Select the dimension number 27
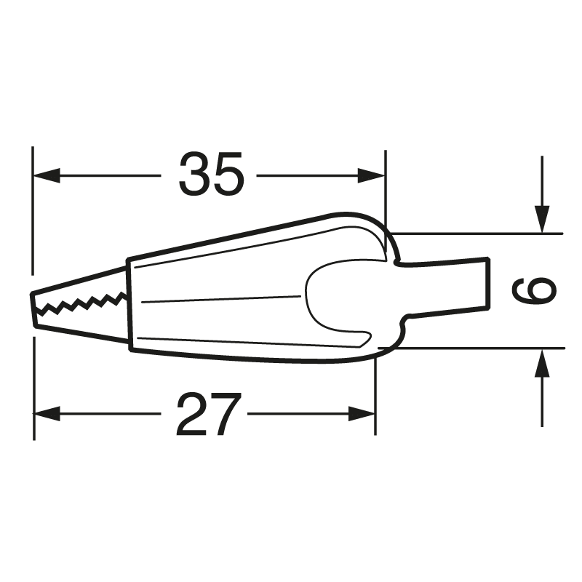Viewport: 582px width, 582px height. [x=208, y=414]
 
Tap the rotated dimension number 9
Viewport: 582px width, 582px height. [x=534, y=292]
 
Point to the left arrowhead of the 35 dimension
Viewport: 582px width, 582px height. [x=45, y=175]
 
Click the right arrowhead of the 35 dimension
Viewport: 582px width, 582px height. [x=372, y=175]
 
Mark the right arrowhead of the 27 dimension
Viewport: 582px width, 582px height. [x=363, y=414]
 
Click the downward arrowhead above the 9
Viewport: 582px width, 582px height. [x=541, y=218]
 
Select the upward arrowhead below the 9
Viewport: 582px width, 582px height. [x=541, y=364]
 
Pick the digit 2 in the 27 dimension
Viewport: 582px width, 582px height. [x=191, y=414]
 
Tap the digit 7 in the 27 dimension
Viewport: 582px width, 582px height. [x=225, y=414]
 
